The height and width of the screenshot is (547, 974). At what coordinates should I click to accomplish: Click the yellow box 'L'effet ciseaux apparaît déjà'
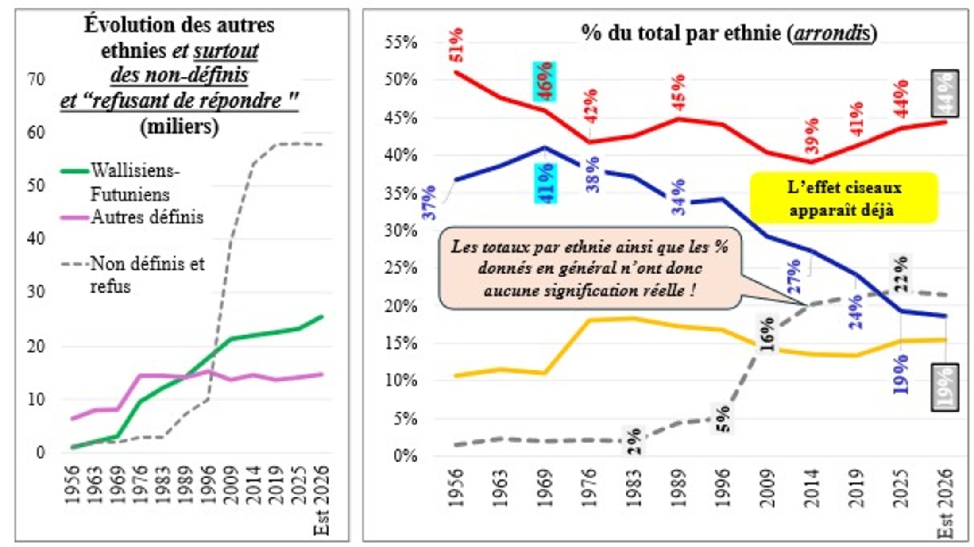(844, 198)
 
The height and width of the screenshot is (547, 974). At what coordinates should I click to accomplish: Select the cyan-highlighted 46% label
(545, 81)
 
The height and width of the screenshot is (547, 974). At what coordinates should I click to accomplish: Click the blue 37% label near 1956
(429, 202)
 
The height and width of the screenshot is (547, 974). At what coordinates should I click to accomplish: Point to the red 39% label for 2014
(812, 136)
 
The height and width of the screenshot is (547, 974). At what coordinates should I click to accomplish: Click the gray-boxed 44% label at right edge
(945, 94)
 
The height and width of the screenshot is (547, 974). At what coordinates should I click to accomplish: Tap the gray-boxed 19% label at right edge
(945, 388)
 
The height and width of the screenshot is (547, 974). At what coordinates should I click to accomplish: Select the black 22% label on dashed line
(901, 273)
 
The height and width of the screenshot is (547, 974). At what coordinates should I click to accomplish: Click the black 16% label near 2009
(768, 334)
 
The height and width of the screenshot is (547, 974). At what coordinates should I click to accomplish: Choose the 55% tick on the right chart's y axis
(401, 43)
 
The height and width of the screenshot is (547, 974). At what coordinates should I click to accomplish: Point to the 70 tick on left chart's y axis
(36, 80)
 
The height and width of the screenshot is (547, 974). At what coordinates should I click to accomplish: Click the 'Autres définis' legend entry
(146, 217)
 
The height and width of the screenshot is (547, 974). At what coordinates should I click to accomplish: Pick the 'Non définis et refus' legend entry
(146, 275)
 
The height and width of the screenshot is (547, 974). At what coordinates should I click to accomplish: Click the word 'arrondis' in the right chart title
(832, 34)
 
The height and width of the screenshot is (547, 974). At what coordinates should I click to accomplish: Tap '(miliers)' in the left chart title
(179, 127)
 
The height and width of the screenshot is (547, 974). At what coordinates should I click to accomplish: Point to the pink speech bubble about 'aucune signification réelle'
(589, 269)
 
